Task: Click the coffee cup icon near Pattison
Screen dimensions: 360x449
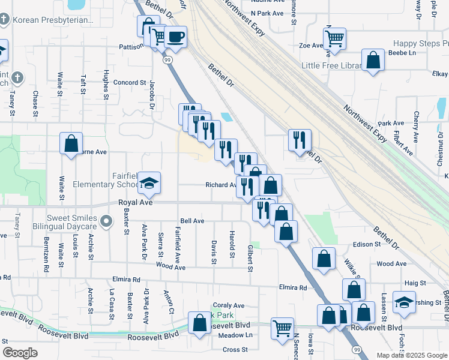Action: [x=175, y=37]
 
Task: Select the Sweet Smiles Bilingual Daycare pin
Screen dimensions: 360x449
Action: [x=106, y=222]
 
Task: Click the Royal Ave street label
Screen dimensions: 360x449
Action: [x=132, y=203]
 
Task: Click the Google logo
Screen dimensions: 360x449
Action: [x=20, y=353]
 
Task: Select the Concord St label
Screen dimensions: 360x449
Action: [x=130, y=82]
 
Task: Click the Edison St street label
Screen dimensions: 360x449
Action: [x=367, y=244]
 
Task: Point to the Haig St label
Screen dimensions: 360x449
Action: [x=415, y=283]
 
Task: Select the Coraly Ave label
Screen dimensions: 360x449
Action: [x=229, y=305]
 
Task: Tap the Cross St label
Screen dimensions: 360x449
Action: [x=235, y=349]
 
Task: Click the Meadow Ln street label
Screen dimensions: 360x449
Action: [x=236, y=335]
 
